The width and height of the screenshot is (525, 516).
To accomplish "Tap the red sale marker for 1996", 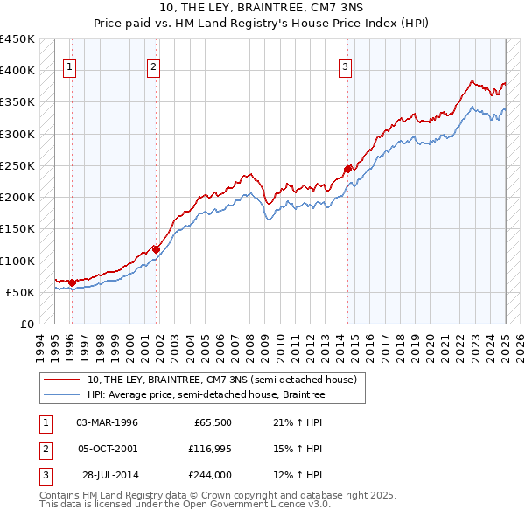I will pyautogui.click(x=72, y=282).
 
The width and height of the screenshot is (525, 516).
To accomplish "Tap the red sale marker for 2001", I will pyautogui.click(x=156, y=249).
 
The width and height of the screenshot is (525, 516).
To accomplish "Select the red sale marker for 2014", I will pyautogui.click(x=347, y=168).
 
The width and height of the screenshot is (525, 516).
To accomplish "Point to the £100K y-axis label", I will pyautogui.click(x=17, y=261).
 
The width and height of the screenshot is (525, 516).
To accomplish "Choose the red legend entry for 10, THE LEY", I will pyautogui.click(x=221, y=380).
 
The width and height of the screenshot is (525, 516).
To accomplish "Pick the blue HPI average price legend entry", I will pyautogui.click(x=206, y=395).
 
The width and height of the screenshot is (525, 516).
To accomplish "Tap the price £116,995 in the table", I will pyautogui.click(x=206, y=449).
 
